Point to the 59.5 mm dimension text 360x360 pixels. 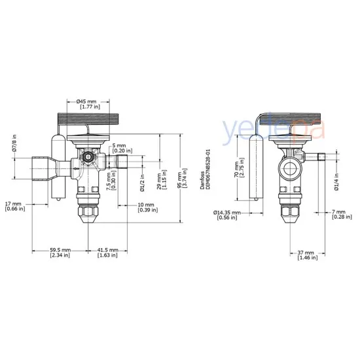click(60, 253)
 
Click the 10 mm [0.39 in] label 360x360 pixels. click(147, 208)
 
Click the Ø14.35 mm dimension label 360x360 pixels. click(228, 215)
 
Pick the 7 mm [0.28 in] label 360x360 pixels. click(338, 215)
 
